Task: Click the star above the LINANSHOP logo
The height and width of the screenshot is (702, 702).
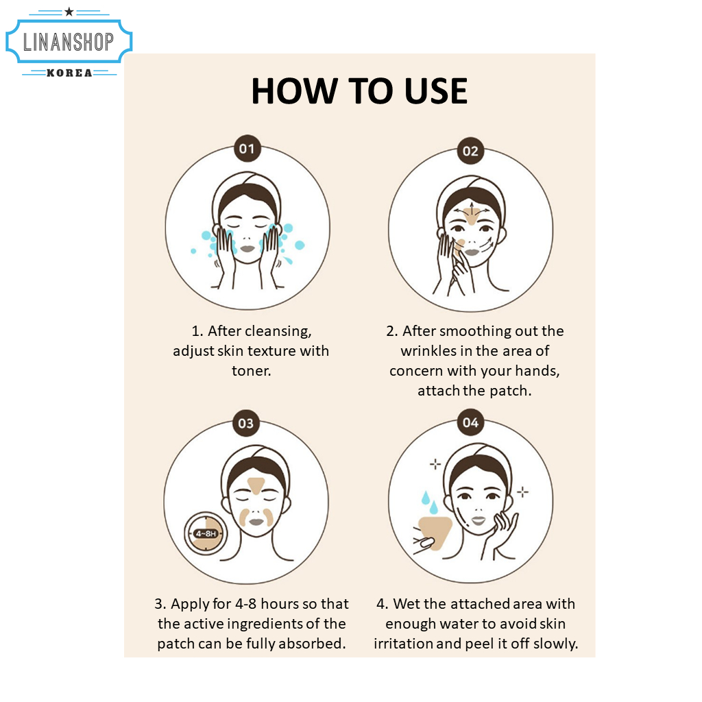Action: pos(69,12)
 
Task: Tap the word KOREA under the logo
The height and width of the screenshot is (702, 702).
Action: pos(69,73)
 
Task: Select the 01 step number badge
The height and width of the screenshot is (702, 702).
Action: pos(247,148)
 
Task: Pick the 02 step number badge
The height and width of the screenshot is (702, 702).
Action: pos(470,151)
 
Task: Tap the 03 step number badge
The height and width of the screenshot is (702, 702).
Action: pos(246,423)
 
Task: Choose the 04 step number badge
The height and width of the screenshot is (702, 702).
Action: pos(470,422)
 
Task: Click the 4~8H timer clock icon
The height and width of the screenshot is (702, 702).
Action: pos(206,533)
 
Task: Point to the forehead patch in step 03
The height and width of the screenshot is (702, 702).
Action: pos(256,485)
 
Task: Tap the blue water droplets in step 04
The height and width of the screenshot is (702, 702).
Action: pos(429,502)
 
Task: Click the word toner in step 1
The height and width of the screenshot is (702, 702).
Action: pos(251,371)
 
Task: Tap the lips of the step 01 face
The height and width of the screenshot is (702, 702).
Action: pos(247,248)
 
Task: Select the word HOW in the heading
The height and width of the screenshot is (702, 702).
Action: pos(294,91)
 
